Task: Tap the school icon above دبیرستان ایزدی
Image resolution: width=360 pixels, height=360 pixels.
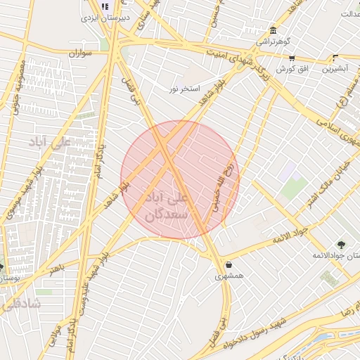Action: pyautogui.click(x=105, y=6)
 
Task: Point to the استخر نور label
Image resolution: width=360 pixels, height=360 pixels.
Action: pyautogui.click(x=184, y=89)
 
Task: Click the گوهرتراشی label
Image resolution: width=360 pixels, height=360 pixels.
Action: pyautogui.click(x=271, y=41)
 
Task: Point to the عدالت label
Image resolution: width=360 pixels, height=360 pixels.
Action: pyautogui.click(x=350, y=14)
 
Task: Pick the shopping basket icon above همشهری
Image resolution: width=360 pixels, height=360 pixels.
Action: pyautogui.click(x=230, y=265)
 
